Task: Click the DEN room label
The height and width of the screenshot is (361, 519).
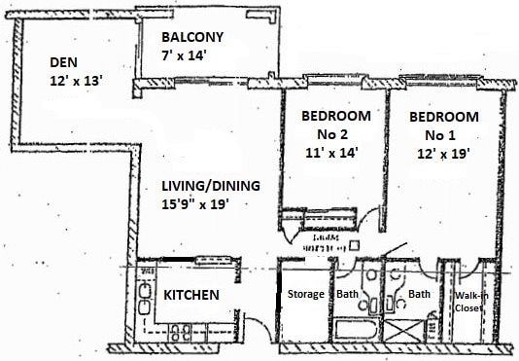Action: [64, 63]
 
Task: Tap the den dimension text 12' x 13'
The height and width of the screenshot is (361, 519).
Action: [75, 83]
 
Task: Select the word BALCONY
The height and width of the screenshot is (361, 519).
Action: [192, 38]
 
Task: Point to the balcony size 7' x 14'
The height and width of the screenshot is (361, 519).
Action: [186, 56]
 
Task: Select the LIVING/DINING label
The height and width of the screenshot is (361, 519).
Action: [203, 185]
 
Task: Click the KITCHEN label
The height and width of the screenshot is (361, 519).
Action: [190, 295]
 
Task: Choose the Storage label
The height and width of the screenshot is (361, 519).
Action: [306, 295]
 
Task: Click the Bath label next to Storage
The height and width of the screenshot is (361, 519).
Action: [348, 295]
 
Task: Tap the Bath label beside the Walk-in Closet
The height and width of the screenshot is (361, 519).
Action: [420, 295]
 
